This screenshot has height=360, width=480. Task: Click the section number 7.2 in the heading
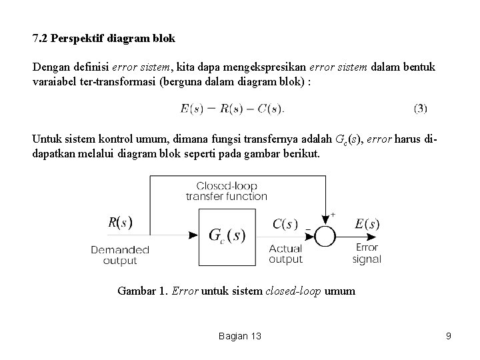click(x=39, y=39)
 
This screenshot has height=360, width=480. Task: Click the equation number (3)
click(x=420, y=108)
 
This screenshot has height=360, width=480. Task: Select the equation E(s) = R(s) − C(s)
click(x=232, y=108)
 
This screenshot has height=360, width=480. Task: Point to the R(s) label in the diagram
click(x=120, y=223)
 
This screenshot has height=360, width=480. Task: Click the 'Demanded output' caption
click(x=120, y=255)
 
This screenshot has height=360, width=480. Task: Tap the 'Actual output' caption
click(x=285, y=254)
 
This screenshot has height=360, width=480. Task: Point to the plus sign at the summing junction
click(x=333, y=215)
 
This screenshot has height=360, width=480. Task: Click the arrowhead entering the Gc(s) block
click(x=194, y=235)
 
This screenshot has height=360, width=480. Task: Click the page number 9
click(x=449, y=336)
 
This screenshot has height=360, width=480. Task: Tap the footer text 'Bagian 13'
click(x=239, y=336)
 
